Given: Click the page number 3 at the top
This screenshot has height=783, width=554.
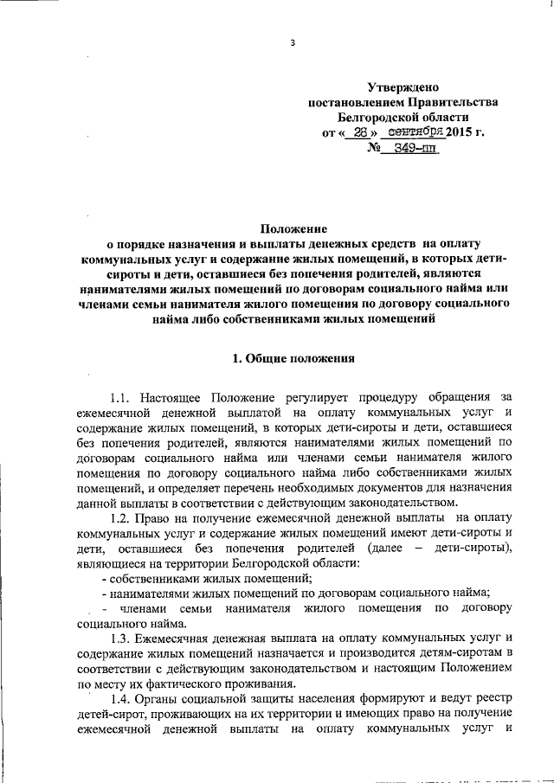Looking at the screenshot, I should point(293,42).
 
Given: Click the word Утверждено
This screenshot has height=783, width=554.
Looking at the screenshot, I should point(403,87).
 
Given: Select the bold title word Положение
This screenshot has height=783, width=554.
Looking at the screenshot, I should point(294,229).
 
